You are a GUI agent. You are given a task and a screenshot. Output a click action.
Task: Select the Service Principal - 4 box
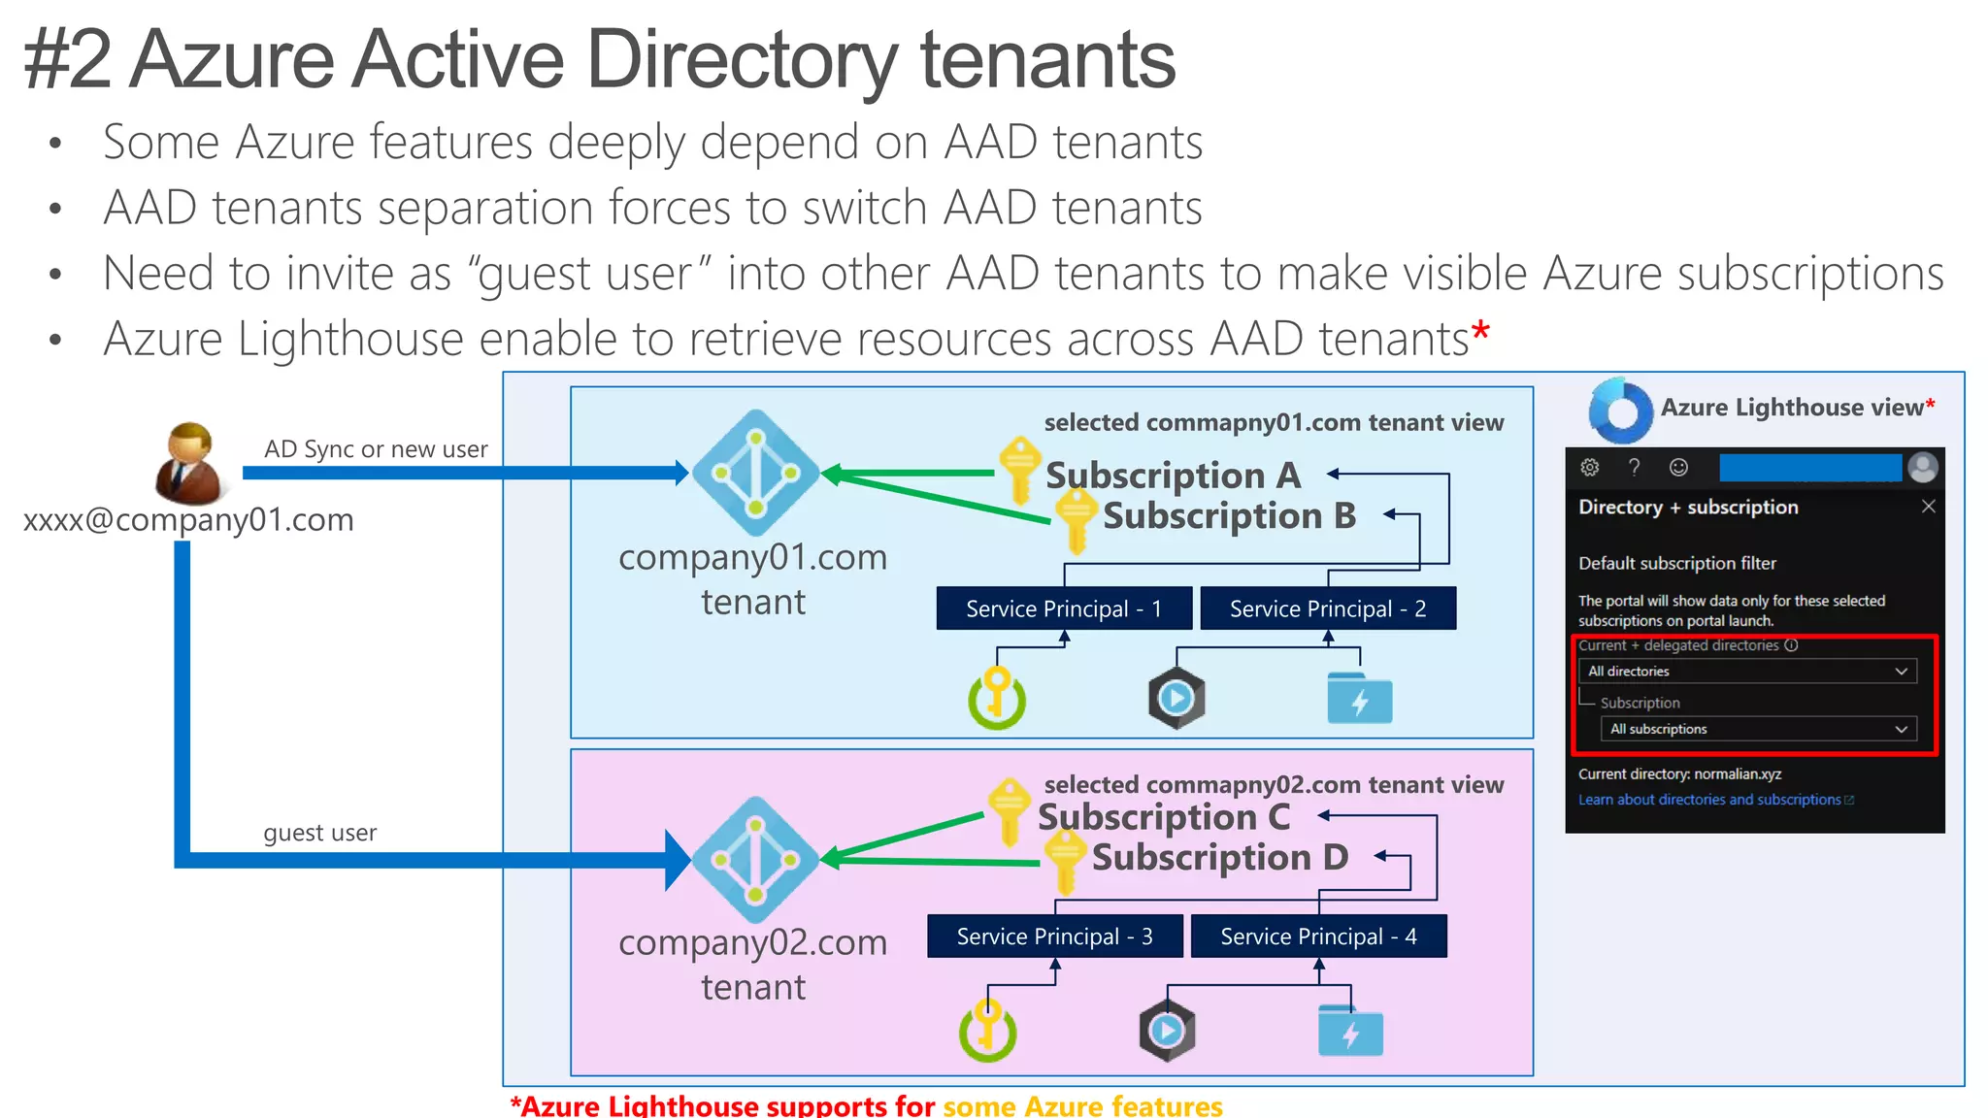(1318, 937)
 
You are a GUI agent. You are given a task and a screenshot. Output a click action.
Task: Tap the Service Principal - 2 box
(1327, 608)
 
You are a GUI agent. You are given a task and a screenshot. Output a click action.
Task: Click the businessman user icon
(188, 463)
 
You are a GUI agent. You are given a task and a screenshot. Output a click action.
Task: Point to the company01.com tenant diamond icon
(755, 473)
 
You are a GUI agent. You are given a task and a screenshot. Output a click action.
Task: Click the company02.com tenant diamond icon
(755, 860)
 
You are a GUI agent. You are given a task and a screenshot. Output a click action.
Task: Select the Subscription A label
(1173, 476)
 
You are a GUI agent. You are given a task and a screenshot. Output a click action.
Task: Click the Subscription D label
(1219, 858)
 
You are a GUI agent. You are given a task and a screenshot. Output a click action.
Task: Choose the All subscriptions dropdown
(1758, 729)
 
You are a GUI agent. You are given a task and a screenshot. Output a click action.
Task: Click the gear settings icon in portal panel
(1589, 468)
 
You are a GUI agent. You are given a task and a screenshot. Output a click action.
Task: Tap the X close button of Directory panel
(1928, 507)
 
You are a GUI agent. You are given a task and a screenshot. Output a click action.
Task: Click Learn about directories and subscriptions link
(1709, 800)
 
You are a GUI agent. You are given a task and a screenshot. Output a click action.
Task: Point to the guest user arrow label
(319, 833)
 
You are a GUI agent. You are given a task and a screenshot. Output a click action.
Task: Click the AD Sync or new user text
(376, 449)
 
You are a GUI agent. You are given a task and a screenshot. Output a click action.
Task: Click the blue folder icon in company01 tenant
(1359, 698)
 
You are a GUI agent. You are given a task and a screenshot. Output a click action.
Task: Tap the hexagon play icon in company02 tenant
(1167, 1031)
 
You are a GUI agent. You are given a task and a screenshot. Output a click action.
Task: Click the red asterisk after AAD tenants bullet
(1480, 333)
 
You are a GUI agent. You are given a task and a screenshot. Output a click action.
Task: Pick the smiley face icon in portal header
(1678, 468)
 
